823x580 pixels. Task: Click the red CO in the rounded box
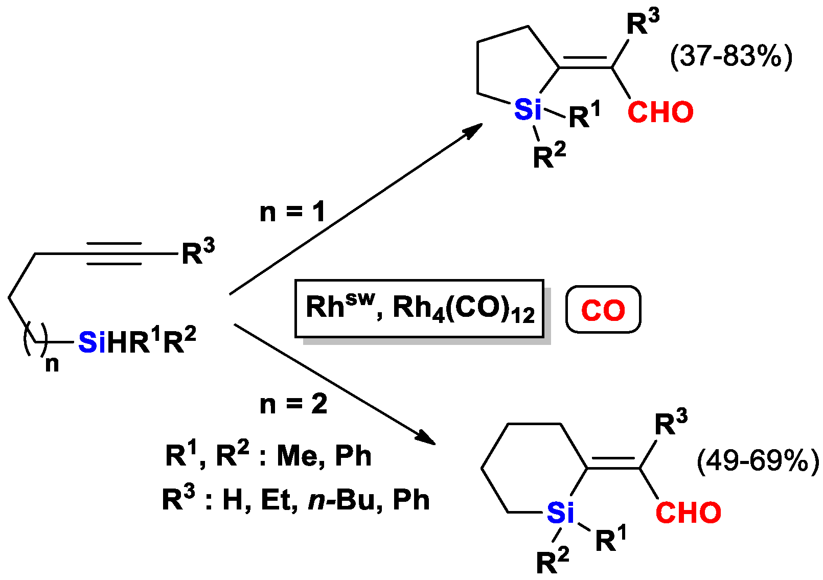(603, 310)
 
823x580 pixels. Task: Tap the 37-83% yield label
(731, 56)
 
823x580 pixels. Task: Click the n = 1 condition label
(292, 212)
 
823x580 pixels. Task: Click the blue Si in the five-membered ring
(527, 109)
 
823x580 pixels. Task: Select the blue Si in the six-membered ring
(560, 513)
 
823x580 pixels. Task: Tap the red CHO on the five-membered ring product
(660, 112)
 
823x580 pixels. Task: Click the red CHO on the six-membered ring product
(688, 513)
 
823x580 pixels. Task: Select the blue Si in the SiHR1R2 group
(92, 342)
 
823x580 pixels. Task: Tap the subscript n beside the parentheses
(52, 364)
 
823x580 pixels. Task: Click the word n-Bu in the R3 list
(341, 500)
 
